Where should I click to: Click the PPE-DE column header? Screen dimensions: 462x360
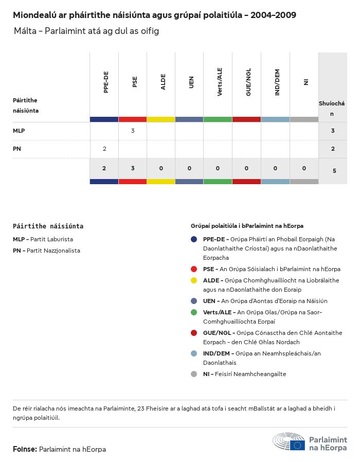[106, 82]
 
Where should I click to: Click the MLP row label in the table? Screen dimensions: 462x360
[19, 131]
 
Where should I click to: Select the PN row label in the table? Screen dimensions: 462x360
[17, 149]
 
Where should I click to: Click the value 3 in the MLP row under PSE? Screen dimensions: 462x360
[133, 131]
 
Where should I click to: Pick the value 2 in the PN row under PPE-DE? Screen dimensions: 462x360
[104, 149]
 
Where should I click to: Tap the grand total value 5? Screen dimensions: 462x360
[334, 170]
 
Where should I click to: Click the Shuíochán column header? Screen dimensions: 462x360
[332, 108]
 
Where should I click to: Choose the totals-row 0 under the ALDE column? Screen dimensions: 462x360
[161, 168]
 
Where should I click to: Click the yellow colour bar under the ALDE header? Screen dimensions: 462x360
[161, 119]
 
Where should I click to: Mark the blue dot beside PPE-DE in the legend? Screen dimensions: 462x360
[194, 239]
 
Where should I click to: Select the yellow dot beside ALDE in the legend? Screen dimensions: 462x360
[194, 280]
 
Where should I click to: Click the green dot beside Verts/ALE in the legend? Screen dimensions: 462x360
[194, 312]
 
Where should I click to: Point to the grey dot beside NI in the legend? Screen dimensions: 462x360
[194, 374]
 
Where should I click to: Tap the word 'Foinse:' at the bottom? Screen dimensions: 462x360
[25, 449]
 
